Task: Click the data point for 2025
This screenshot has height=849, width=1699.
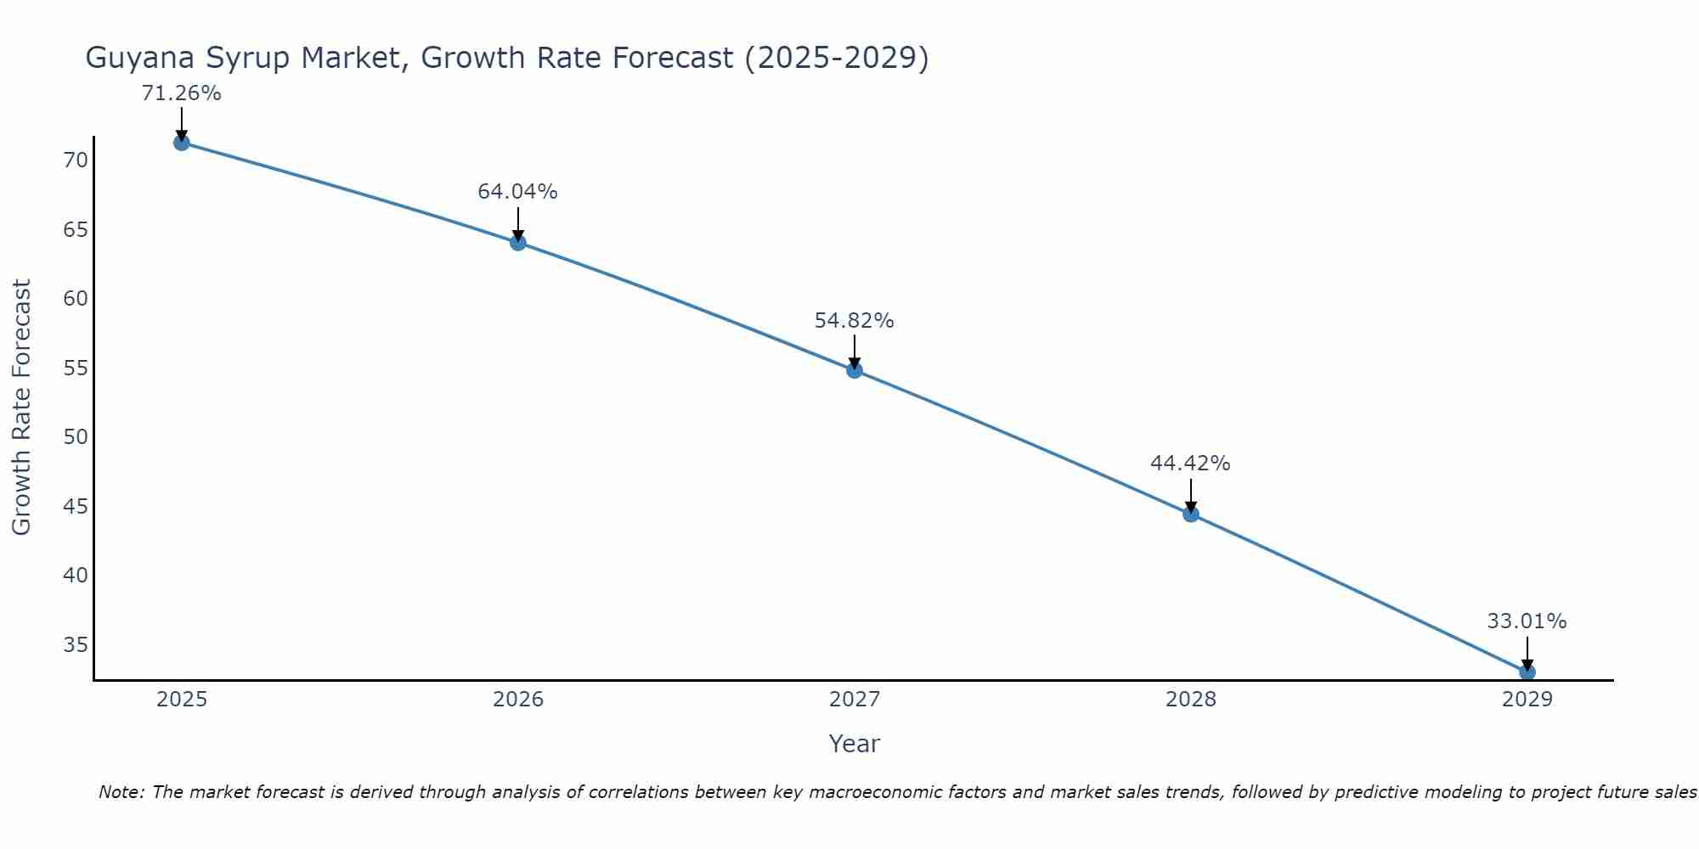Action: coord(181,143)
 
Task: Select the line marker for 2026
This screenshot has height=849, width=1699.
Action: coord(518,243)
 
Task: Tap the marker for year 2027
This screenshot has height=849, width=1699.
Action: coord(855,370)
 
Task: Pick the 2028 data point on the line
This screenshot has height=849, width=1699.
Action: coord(1191,514)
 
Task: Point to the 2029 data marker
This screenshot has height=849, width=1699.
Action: coord(1527,672)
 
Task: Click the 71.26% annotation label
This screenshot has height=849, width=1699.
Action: coord(181,93)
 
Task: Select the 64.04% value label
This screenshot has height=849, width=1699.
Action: coord(517,192)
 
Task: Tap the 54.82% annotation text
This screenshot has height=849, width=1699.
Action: coord(854,321)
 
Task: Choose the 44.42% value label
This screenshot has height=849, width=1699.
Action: coord(1190,464)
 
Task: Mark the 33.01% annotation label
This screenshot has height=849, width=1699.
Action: coord(1527,621)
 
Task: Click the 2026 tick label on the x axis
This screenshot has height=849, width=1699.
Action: coord(518,700)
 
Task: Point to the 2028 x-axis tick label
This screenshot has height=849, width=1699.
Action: coord(1191,700)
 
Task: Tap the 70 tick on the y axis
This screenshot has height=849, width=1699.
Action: coord(76,160)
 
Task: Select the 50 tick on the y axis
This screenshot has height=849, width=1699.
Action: coord(76,437)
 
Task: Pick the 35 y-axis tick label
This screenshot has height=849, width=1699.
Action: coord(76,645)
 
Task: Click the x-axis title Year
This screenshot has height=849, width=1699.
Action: coord(854,744)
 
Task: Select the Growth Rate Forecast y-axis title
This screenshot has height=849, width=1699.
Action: coord(22,408)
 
